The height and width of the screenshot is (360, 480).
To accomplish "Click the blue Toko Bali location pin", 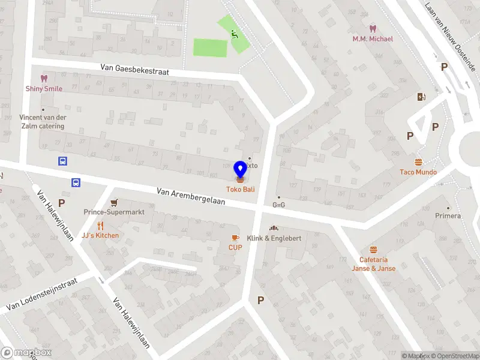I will coord(241,169).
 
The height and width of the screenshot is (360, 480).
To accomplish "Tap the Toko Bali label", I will coord(241,188).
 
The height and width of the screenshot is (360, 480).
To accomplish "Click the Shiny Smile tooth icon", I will coord(43,78).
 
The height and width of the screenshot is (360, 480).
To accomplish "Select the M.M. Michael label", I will coord(373,39).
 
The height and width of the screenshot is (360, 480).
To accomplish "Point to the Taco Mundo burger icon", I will coord(418,162).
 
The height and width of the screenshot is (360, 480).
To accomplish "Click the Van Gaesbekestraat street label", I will coord(134,71).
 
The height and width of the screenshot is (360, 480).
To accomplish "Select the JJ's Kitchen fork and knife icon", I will coord(100,226).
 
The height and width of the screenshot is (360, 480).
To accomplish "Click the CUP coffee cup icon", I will coord(235,238).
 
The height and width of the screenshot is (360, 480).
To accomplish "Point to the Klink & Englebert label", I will coord(274,238).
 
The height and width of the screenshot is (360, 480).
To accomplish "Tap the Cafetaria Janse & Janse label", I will coord(373,264).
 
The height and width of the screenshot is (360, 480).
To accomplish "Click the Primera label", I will coord(448,215).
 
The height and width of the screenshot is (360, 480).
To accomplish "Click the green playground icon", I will coord(235,34).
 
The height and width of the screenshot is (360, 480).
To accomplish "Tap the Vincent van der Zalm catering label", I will coord(42,122).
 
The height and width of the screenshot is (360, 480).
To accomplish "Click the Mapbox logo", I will coord(26,353).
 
